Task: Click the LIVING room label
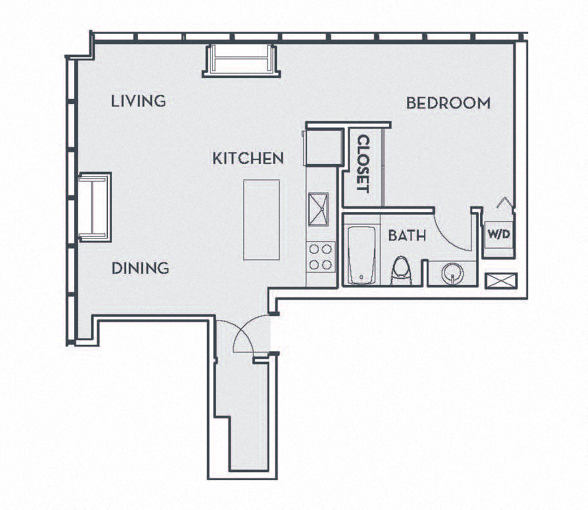pos(138,101)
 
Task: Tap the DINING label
pos(140,268)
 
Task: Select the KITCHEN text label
pos(248,158)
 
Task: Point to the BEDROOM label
pos(448,103)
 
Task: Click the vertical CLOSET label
pos(362,164)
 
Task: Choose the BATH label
pos(407,235)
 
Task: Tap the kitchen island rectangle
pos(261,219)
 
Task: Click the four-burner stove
pos(320,256)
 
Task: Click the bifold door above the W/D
pos(505,204)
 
